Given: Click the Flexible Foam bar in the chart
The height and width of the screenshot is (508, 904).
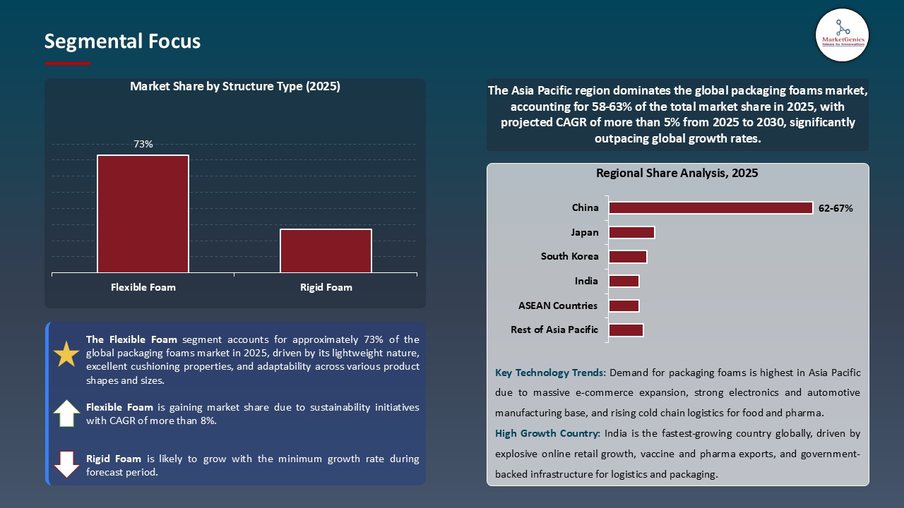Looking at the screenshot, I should coord(143,214).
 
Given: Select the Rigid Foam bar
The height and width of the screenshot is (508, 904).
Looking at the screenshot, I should coord(326,250).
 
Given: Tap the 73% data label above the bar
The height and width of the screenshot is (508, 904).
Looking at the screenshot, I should coord(143,144).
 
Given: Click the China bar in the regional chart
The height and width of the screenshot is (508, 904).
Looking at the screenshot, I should coord(710,208).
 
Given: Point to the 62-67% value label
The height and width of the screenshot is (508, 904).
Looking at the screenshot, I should coord(835,208).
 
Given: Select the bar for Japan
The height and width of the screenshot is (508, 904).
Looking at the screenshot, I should coord(631,232).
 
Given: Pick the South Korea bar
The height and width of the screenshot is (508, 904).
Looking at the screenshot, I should coord(627,257).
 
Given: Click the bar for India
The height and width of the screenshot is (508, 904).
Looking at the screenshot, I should coord(624,282).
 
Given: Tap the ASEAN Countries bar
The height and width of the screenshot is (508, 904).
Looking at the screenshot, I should coord(624,306).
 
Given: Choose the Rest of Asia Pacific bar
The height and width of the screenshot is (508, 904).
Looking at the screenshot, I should coord(626,330).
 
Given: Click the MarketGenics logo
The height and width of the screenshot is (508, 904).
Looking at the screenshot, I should coord(842,35).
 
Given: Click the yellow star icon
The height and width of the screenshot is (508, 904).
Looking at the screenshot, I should coord(66,354).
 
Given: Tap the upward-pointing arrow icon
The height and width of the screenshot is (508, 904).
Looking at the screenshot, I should coord(66,413).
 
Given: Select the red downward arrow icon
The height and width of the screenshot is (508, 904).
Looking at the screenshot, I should coord(66,464).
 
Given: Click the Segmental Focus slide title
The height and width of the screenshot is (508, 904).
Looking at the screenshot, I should coord(122,42).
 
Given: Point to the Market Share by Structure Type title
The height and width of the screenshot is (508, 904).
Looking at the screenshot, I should coord(234,87).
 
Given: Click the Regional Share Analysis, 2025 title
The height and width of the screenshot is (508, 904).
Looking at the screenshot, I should coord(677,173).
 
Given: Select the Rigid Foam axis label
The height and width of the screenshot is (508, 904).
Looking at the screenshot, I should coord(326,287).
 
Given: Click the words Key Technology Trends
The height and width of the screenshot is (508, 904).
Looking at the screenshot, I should coord(550,373).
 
